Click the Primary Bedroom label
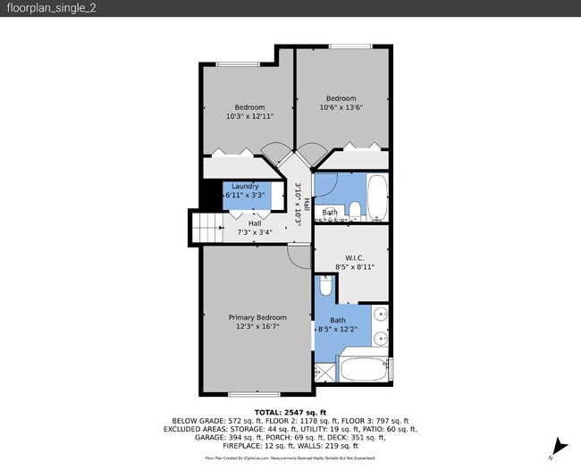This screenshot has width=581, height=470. pyautogui.click(x=257, y=317)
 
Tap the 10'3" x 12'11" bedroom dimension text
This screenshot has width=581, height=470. pyautogui.click(x=249, y=116)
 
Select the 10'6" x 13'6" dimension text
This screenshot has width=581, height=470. pyautogui.click(x=341, y=108)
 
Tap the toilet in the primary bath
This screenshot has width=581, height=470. pyautogui.click(x=326, y=288)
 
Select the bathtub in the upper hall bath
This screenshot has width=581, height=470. pyautogui.click(x=378, y=197)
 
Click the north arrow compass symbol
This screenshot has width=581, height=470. pyautogui.click(x=560, y=446)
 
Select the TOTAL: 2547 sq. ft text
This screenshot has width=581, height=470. pyautogui.click(x=290, y=411)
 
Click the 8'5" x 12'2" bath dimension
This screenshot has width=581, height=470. pyautogui.click(x=338, y=329)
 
